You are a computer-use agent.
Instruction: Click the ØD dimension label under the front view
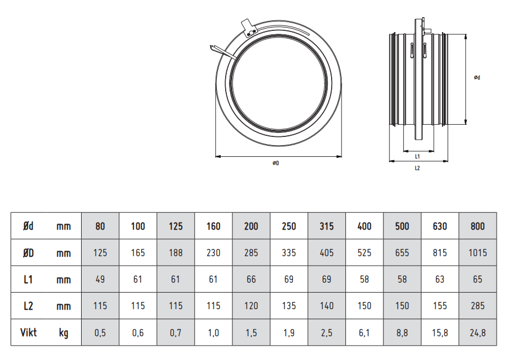[x=275, y=163]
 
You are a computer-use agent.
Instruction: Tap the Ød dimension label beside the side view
[x=477, y=77]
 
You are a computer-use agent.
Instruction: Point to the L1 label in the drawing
[x=417, y=157]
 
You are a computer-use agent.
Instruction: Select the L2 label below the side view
[x=417, y=168]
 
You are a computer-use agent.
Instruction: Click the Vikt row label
[x=28, y=332]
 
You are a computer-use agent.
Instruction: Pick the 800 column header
[x=478, y=226]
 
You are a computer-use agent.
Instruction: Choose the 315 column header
[x=327, y=226]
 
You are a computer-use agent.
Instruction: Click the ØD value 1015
[x=478, y=253]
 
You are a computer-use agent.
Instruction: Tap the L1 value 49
[x=100, y=279]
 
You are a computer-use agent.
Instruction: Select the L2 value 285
[x=478, y=306]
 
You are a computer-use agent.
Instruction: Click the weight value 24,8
[x=478, y=332]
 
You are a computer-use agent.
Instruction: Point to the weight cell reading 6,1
[x=364, y=332]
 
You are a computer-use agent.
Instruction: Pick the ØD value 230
[x=214, y=253]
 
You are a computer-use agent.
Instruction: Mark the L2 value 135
[x=289, y=306]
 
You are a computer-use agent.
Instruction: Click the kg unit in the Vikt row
[x=63, y=333]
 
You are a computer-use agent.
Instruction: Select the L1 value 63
[x=440, y=279]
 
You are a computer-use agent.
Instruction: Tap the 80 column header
[x=100, y=226]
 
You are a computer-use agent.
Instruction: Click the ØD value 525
[x=364, y=253]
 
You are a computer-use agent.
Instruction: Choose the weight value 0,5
[x=100, y=332]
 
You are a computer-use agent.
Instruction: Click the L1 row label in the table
[x=28, y=279]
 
